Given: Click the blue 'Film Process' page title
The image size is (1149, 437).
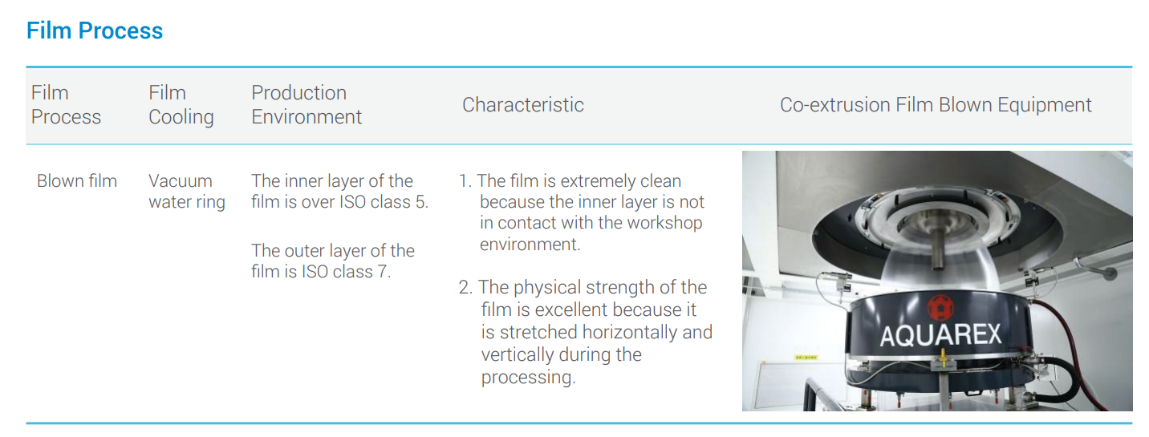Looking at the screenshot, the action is [95, 30].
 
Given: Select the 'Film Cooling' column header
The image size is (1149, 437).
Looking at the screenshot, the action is [181, 104].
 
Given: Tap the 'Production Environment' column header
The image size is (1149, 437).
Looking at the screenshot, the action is [307, 104].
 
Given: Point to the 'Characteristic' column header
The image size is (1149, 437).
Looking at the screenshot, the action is [522, 104].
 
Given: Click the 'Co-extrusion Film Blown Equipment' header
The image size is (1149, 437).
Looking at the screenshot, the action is [936, 104].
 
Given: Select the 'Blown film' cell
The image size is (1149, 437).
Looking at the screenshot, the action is [77, 181].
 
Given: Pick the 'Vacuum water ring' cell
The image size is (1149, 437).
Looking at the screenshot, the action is [187, 192].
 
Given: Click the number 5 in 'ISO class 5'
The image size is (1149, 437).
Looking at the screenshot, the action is [420, 202].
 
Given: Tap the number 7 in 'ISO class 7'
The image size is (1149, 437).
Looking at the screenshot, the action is [383, 272].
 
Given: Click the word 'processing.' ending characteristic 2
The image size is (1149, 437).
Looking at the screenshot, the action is [528, 378].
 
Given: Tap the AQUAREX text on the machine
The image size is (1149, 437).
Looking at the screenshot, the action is [940, 335].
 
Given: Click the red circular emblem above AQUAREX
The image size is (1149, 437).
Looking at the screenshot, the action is [940, 307].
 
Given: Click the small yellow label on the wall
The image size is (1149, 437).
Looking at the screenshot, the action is [806, 357].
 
